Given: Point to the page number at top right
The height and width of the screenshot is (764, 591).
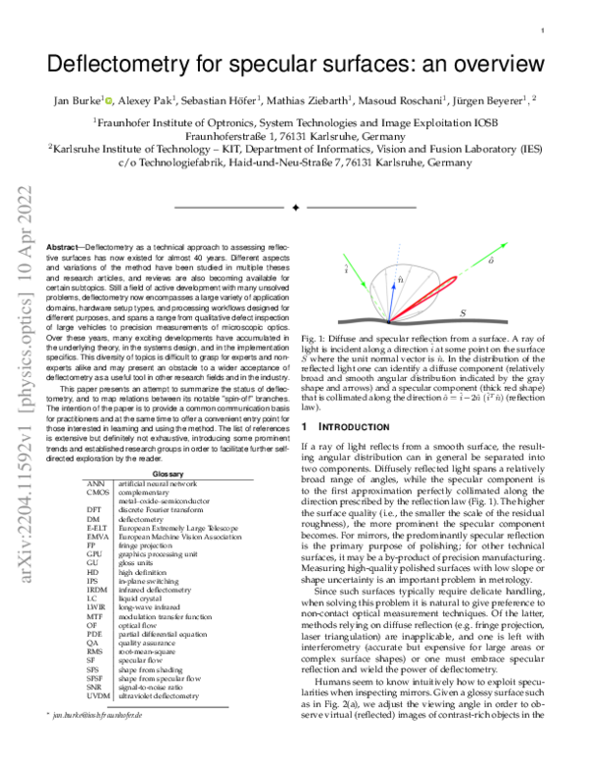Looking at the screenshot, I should pyautogui.click(x=544, y=32).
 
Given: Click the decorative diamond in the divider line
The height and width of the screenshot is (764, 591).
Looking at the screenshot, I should pyautogui.click(x=295, y=207).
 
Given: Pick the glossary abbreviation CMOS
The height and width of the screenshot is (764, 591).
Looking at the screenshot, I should pyautogui.click(x=97, y=492).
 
